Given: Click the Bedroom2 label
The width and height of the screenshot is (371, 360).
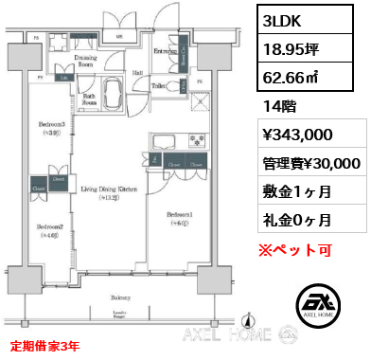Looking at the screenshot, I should (50, 227).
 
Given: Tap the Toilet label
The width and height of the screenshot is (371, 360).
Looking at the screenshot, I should (160, 84).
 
